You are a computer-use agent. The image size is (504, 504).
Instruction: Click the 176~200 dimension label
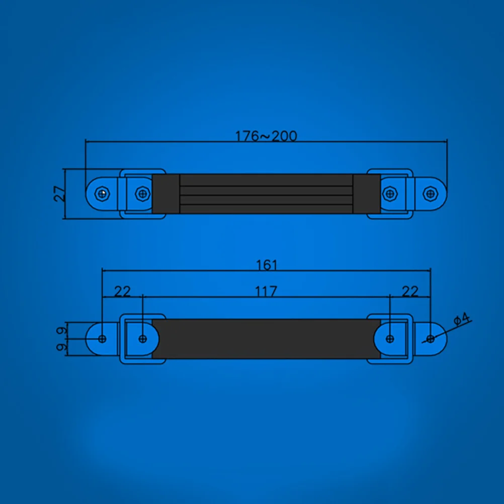click(x=266, y=136)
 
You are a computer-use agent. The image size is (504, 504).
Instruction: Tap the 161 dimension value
click(x=266, y=265)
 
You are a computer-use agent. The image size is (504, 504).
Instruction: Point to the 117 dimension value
click(x=266, y=291)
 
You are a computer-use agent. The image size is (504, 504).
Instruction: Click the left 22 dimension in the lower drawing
click(x=122, y=291)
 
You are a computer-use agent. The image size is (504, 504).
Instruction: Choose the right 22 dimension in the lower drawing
click(x=410, y=291)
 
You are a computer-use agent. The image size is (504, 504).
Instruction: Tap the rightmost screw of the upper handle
click(x=429, y=193)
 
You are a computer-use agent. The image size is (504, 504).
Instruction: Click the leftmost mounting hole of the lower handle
click(x=103, y=339)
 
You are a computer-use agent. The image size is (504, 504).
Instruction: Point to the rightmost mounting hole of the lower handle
click(x=430, y=339)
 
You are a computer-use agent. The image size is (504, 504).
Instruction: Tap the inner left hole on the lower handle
click(x=143, y=339)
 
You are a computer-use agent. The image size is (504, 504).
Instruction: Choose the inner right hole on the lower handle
click(x=390, y=339)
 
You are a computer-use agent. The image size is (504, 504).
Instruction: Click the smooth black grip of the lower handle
click(x=266, y=339)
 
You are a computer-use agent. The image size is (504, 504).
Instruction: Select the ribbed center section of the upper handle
click(x=266, y=194)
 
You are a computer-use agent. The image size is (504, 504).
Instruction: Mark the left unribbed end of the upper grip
click(x=166, y=194)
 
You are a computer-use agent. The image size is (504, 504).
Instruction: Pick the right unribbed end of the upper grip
click(x=366, y=194)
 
